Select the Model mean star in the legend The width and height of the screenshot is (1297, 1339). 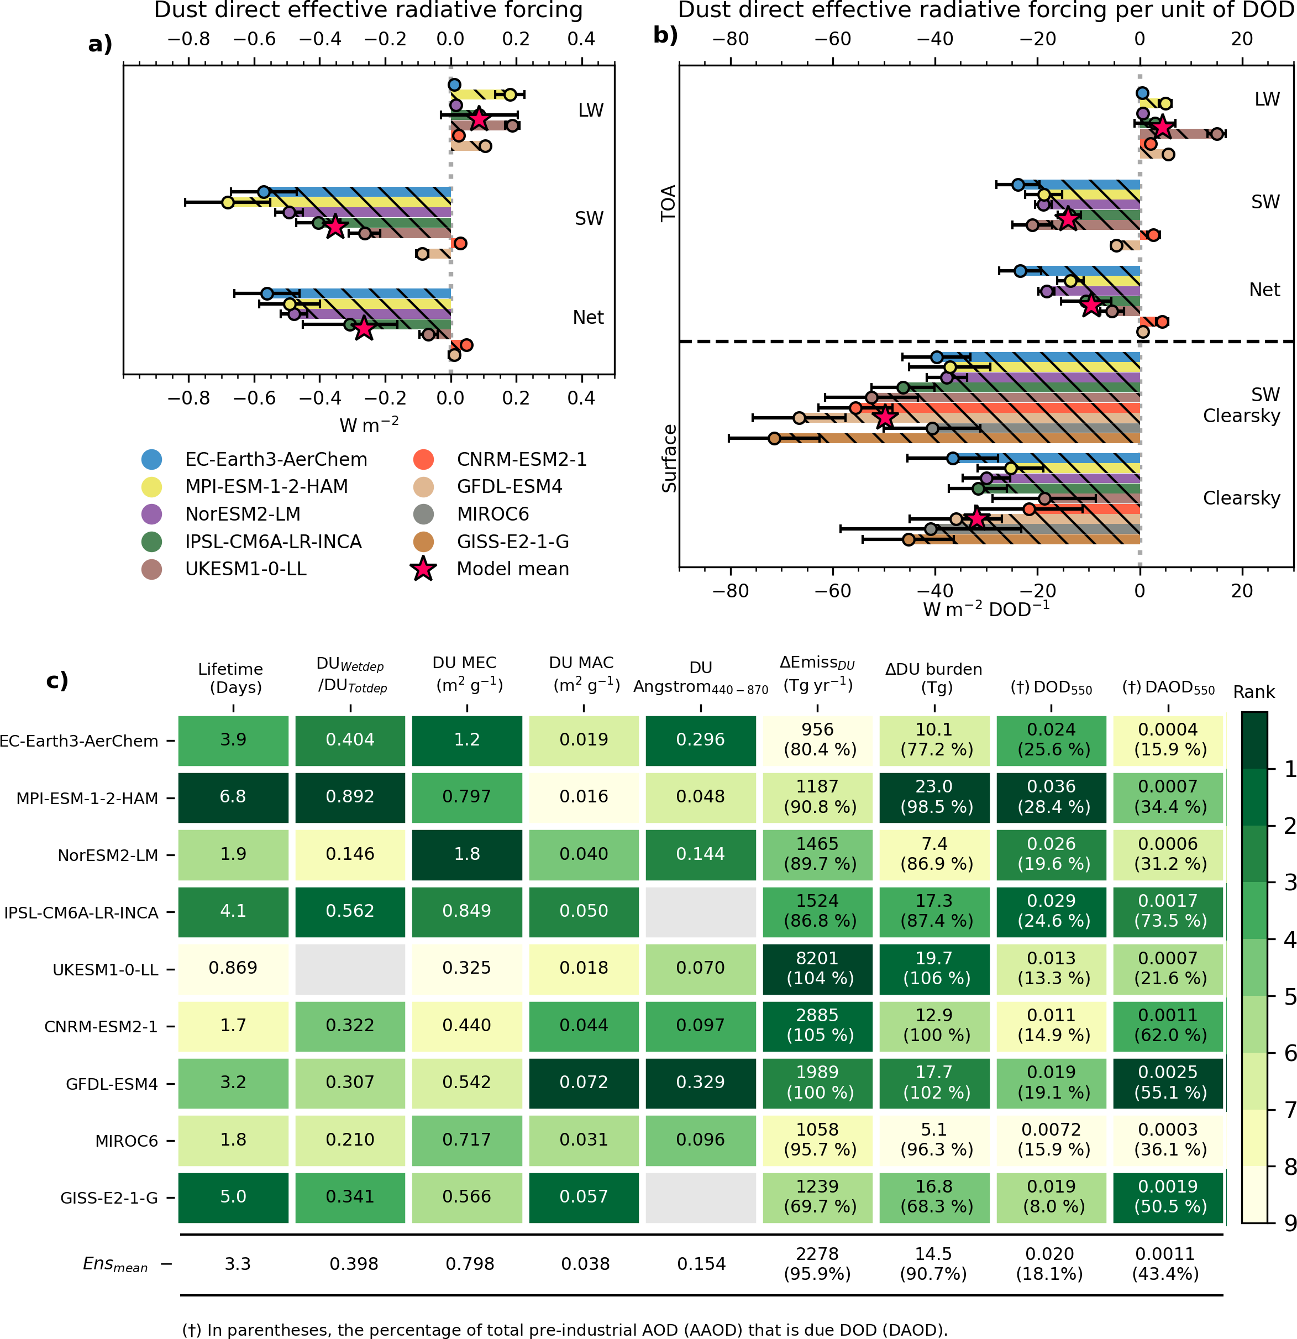[423, 569]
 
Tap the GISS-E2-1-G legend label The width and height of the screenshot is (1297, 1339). [512, 542]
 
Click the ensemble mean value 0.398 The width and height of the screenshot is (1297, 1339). [353, 1264]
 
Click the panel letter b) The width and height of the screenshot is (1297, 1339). [665, 34]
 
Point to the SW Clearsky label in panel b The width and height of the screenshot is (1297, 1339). [1241, 405]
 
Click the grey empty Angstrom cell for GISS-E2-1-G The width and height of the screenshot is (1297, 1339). [700, 1197]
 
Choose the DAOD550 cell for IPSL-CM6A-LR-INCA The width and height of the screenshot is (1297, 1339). [1168, 911]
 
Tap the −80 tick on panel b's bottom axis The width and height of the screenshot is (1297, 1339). [730, 591]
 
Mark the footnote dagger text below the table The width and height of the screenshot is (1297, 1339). [564, 1330]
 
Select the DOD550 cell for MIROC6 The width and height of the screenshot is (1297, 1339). [1051, 1140]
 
